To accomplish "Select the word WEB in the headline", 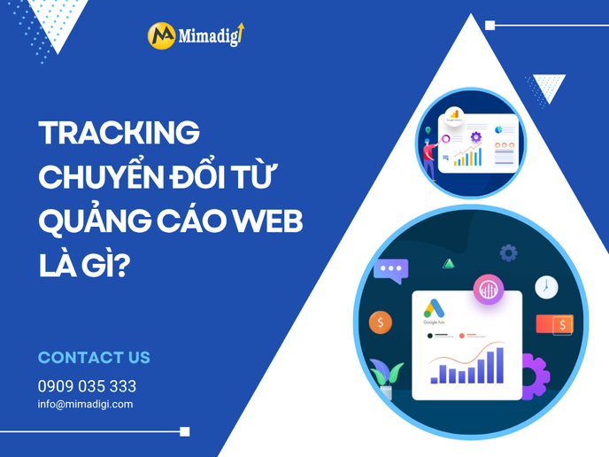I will (x=269, y=221).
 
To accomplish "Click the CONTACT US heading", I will (x=94, y=358).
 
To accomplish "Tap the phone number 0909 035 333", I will (x=87, y=386).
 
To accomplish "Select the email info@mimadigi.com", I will (x=85, y=404).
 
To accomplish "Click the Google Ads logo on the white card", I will (x=431, y=311).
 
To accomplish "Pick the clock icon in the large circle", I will (x=546, y=287).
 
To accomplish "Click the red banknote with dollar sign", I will (x=555, y=325).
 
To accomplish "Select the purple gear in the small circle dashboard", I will (x=476, y=136).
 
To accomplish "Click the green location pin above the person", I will (x=428, y=130).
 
